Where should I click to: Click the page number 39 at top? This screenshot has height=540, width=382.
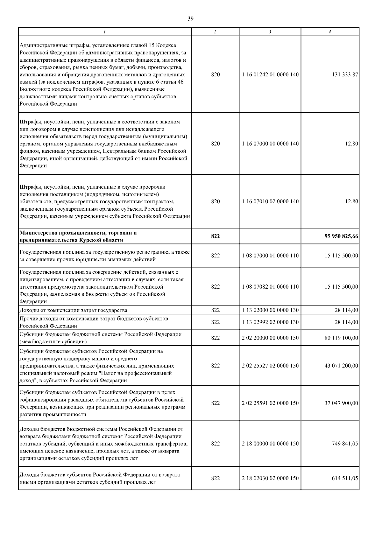point(190,18)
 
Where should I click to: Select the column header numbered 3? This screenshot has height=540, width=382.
point(270,32)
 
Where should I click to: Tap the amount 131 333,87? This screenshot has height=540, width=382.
point(345,74)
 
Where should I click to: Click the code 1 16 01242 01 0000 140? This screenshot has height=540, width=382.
point(270,74)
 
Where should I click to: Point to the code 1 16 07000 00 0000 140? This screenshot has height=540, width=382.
point(270,144)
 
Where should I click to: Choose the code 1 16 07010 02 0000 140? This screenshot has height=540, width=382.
point(270,201)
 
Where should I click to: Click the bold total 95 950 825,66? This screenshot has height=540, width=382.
point(341,236)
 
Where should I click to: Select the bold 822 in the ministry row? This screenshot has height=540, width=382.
point(215,236)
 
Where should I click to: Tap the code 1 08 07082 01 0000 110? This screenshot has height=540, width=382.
point(270,287)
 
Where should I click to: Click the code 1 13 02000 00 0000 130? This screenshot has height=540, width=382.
point(270,310)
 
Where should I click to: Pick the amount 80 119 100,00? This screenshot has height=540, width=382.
point(341,338)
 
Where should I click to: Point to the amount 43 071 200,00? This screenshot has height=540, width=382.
point(341,366)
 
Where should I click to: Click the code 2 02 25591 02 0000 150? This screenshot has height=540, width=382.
point(270,403)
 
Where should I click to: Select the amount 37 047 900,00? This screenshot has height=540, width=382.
point(341,403)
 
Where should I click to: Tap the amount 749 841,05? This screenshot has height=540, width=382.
point(345,444)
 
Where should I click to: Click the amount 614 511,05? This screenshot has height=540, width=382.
point(345,478)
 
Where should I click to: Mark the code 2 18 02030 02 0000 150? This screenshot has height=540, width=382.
point(270,478)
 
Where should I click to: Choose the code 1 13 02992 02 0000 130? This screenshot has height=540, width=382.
point(270,322)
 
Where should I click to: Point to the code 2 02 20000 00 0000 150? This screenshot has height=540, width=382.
point(270,338)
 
